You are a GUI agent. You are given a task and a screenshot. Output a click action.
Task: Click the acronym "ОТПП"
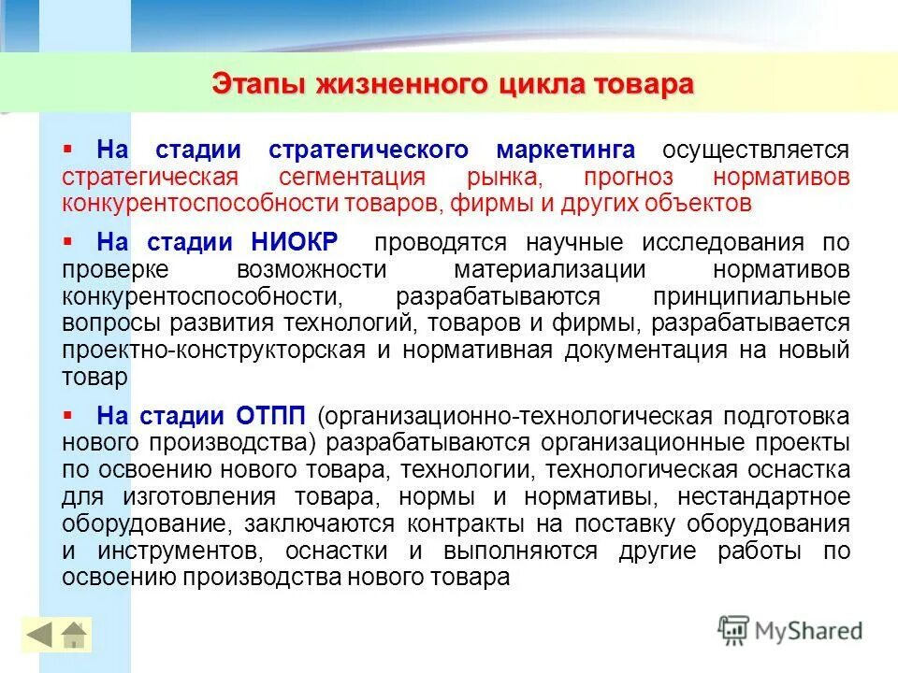266,416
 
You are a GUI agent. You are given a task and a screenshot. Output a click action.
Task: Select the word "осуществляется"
756,150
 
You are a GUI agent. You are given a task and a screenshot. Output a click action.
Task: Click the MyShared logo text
805,631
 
